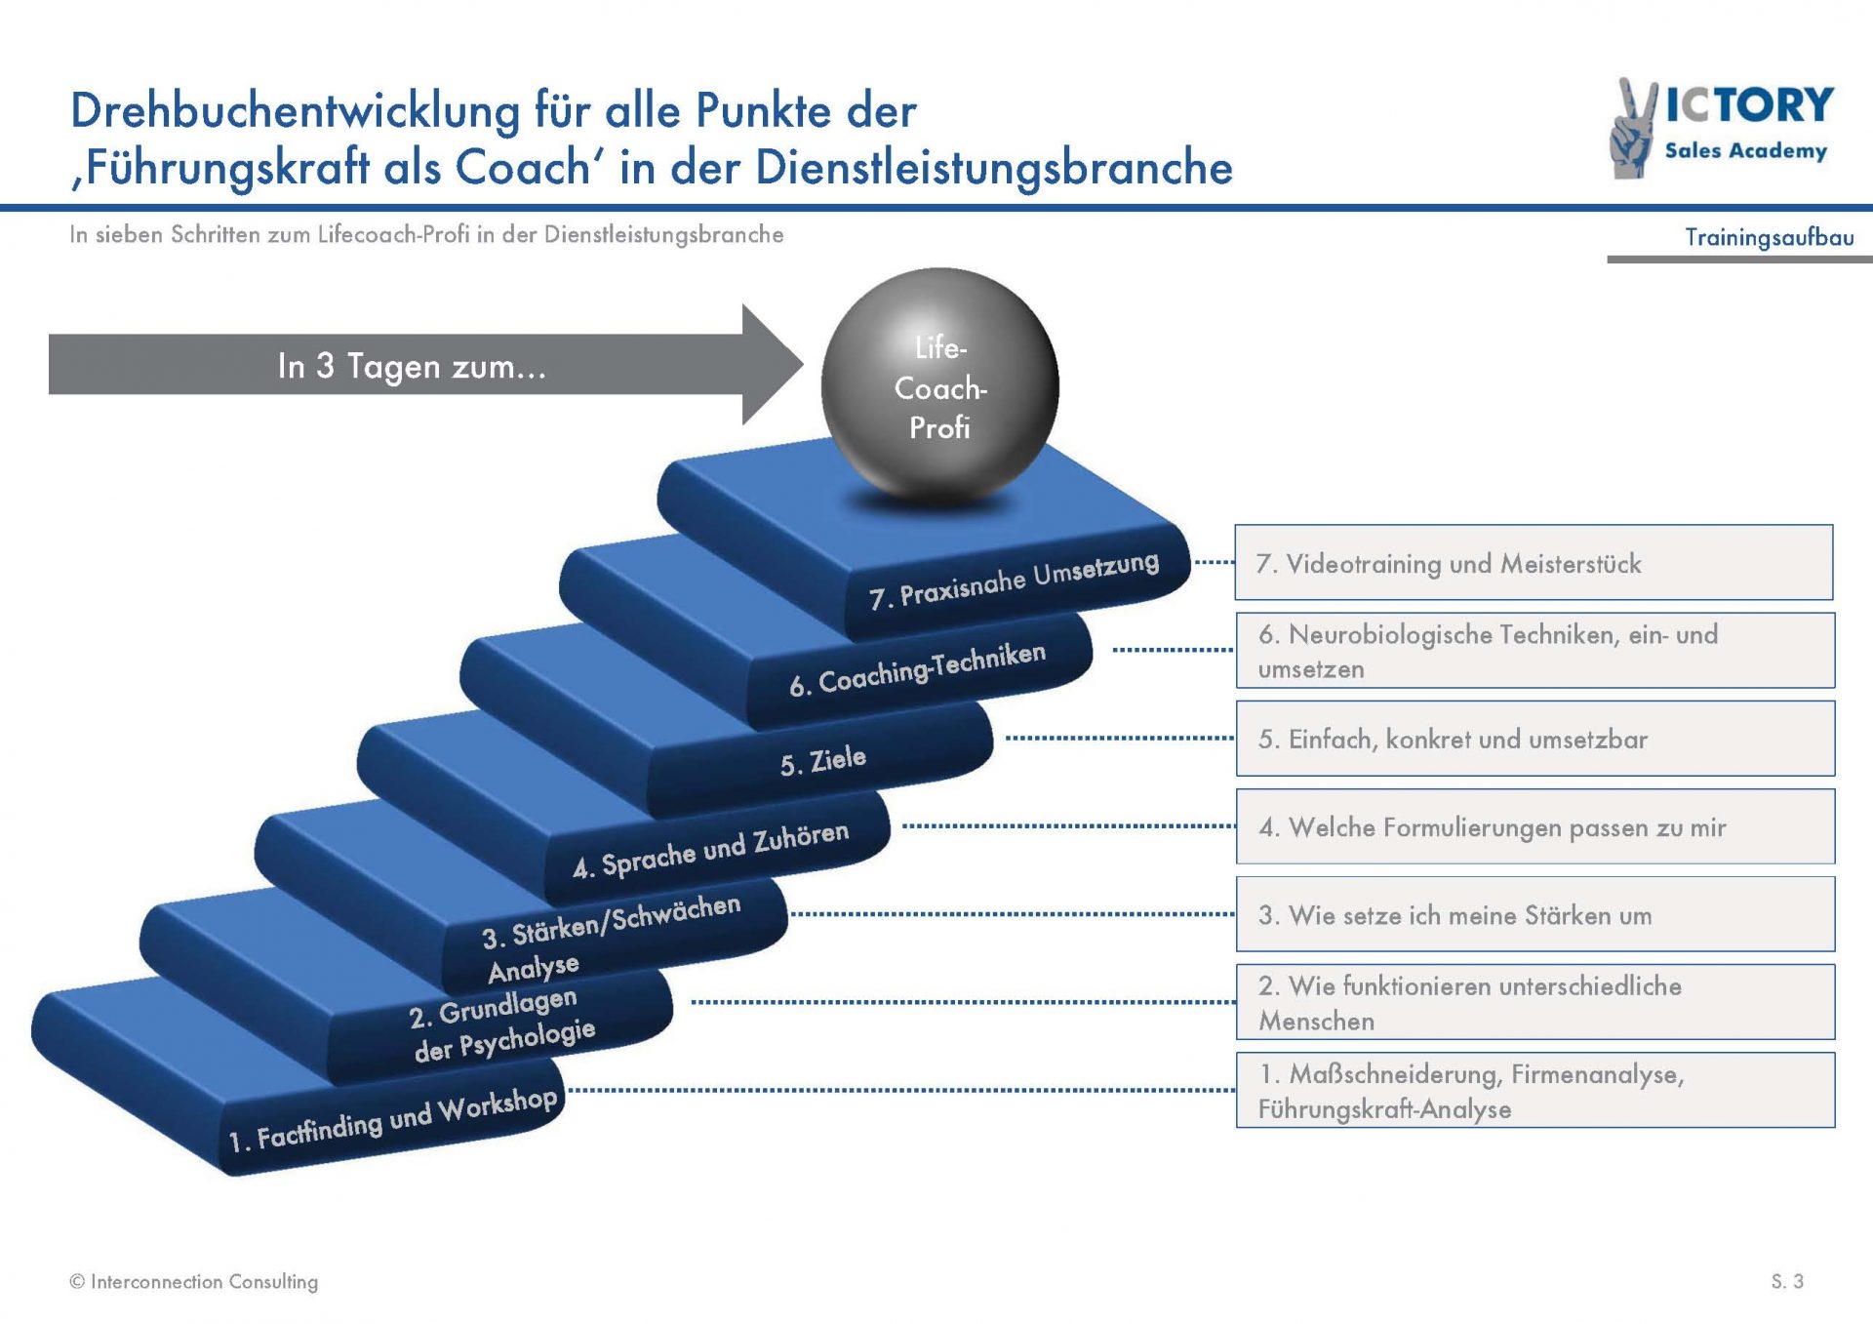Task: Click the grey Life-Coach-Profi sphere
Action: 939,387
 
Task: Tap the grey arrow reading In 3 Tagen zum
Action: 425,365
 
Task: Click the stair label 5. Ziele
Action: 822,759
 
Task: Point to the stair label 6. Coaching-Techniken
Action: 917,669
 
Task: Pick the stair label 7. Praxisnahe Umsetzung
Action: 1014,580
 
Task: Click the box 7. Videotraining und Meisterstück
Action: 1534,563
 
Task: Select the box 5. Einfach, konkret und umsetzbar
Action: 1535,739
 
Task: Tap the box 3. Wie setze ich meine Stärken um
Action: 1535,914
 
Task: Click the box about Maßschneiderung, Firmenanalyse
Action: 1535,1090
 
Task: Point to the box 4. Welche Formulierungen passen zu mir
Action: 1535,826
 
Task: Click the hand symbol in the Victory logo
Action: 1633,130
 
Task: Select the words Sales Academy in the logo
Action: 1745,150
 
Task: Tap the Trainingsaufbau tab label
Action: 1770,237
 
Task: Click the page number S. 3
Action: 1787,1281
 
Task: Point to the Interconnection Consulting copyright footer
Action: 194,1281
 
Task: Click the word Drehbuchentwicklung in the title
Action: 296,110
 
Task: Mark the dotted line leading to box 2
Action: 963,1002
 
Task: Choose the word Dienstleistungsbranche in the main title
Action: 994,167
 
